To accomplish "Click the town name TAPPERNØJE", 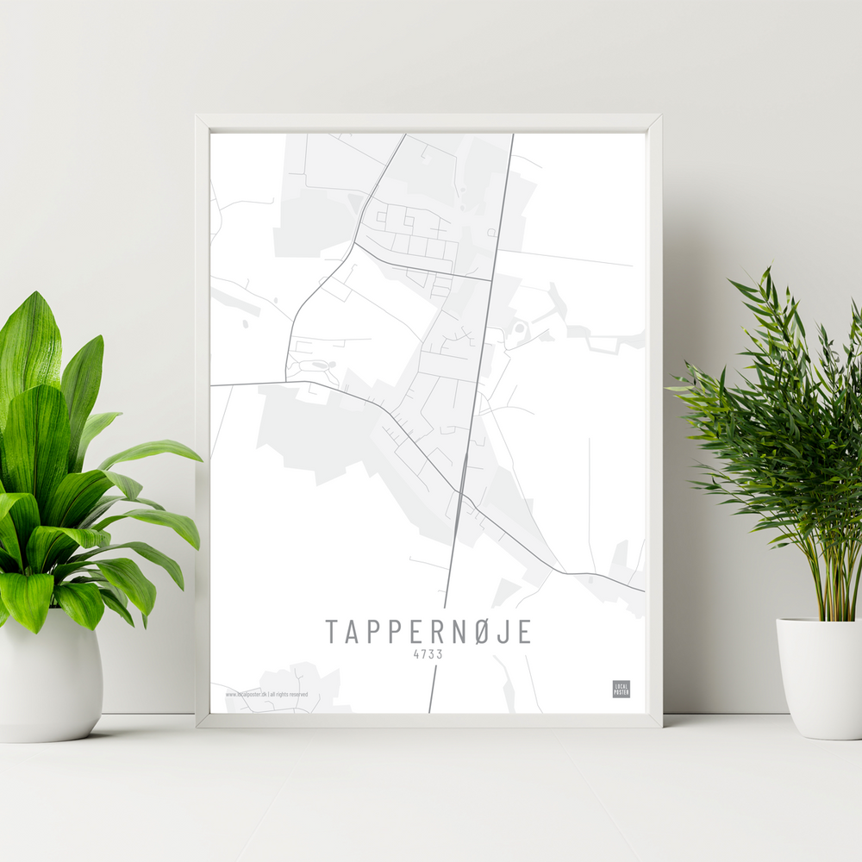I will pos(428,632).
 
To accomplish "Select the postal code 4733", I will pos(428,654).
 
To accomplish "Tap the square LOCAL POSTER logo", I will pos(621,689).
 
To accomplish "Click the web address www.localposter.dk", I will pos(246,694).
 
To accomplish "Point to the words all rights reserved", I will pos(290,694).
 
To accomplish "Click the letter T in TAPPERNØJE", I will pos(332,632).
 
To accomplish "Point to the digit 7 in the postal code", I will pos(425,654).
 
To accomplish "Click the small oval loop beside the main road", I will pos(518,330).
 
